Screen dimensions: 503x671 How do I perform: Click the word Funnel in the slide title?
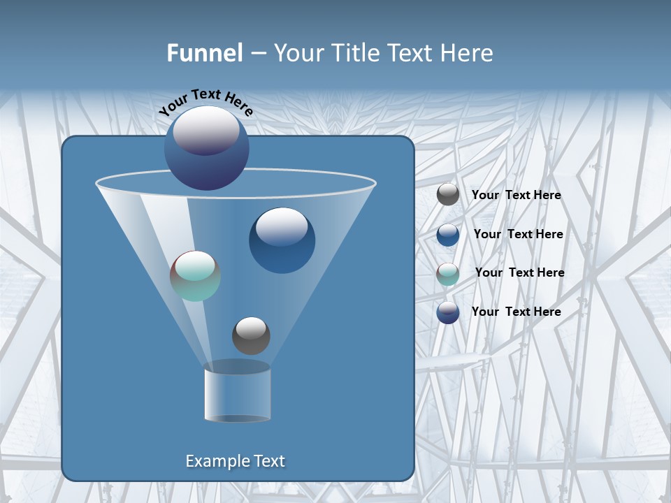(204, 52)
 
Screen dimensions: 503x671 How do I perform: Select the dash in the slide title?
(257, 53)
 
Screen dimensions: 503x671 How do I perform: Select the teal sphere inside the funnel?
(195, 276)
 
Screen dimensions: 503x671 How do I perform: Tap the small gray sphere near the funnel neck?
(251, 336)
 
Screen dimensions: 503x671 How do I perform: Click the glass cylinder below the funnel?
(237, 393)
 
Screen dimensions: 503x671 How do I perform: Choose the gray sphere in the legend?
(448, 195)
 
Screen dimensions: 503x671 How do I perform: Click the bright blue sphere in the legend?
(448, 235)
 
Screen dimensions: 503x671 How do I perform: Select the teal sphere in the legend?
(448, 274)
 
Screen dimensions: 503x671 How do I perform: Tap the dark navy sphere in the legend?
(448, 312)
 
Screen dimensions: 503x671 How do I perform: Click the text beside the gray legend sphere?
(516, 195)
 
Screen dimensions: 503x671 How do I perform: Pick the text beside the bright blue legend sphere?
(518, 234)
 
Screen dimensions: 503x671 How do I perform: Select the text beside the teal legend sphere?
(519, 272)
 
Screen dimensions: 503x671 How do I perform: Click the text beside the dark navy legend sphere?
(516, 312)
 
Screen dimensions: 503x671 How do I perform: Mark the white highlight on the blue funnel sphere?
(282, 227)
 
